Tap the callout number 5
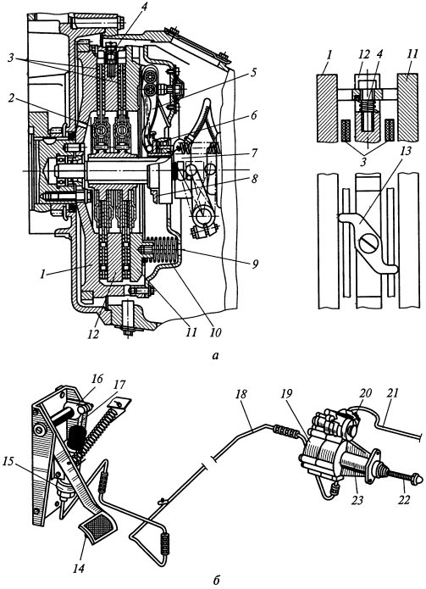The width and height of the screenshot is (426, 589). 254,72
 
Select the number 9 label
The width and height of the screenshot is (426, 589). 255,264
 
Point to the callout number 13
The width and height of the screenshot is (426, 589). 406,151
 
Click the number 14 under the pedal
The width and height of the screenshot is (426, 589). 80,568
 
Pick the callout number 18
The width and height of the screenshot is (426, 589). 242,394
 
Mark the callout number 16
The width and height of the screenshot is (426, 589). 97,379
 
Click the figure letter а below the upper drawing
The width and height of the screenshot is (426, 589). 215,355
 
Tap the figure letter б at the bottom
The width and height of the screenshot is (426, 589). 215,581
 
